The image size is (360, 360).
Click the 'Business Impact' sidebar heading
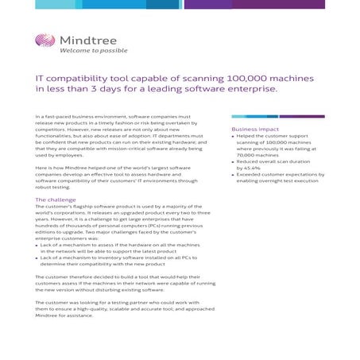tap(255, 129)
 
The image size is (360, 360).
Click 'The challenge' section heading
tap(56, 199)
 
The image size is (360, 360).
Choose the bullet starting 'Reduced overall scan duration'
tap(270, 161)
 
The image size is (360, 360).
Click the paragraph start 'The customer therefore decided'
tap(80, 277)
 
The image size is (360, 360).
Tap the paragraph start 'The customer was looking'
tap(75, 303)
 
